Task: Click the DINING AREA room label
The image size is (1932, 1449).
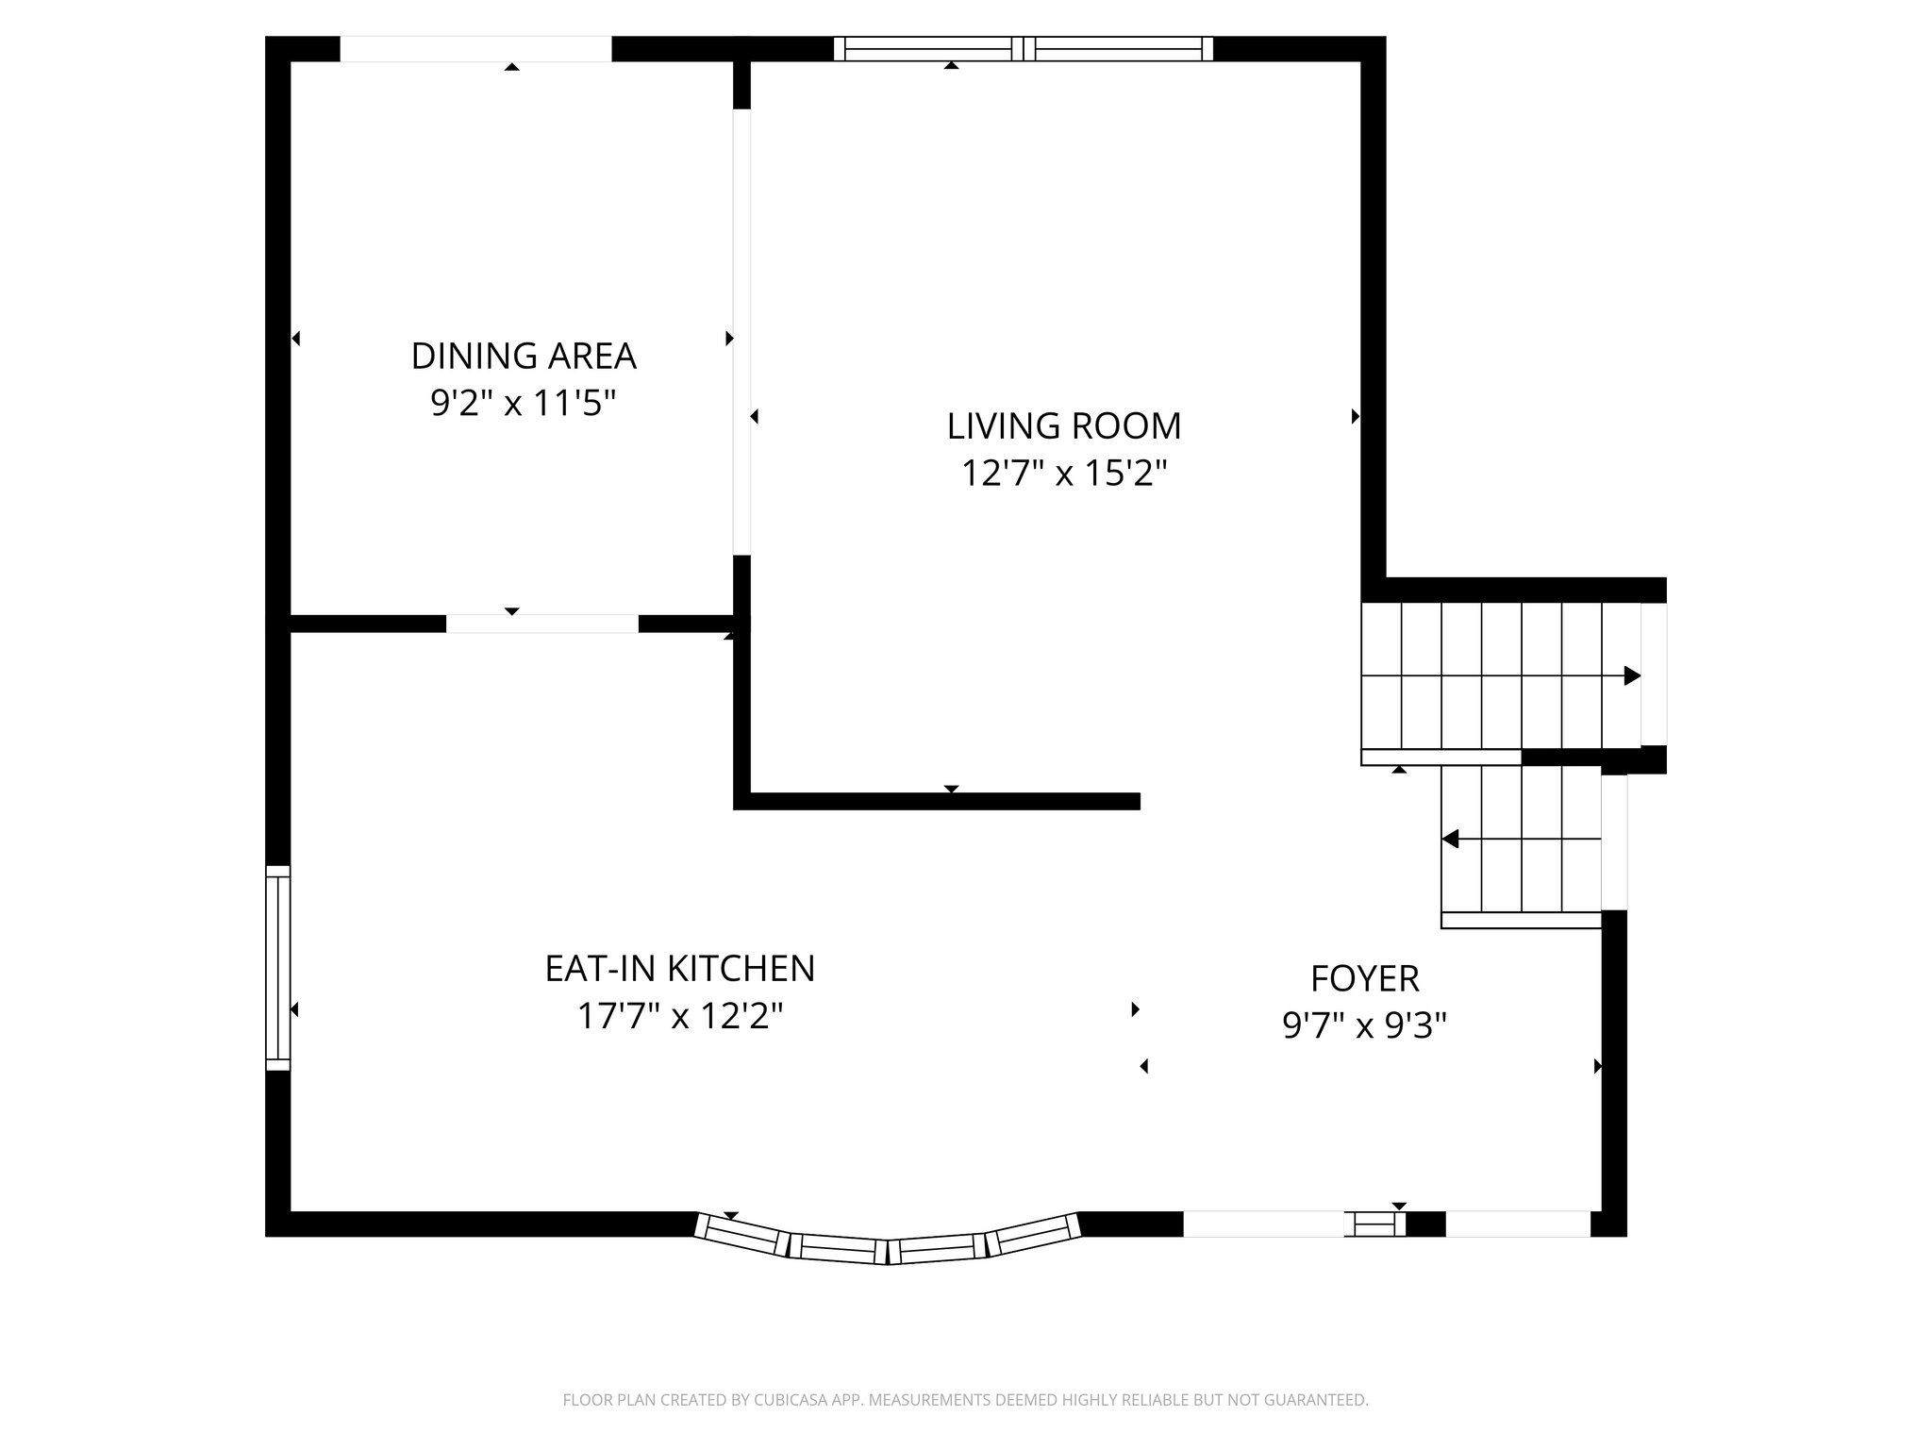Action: click(524, 357)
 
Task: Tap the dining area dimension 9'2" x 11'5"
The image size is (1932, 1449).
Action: click(524, 404)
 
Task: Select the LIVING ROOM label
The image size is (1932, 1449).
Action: click(1064, 426)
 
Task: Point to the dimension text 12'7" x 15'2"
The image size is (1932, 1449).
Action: click(1064, 474)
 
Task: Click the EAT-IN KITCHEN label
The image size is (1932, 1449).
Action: click(679, 969)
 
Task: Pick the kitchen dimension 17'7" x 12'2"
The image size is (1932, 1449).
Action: click(679, 1017)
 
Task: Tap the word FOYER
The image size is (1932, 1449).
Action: click(1364, 979)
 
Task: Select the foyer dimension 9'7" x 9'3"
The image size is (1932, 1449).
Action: click(1364, 1025)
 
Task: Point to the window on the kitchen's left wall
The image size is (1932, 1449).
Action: click(277, 968)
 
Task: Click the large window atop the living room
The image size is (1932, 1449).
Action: click(1024, 49)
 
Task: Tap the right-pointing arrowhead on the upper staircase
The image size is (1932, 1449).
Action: click(1632, 676)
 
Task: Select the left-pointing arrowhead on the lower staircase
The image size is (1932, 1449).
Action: click(1451, 839)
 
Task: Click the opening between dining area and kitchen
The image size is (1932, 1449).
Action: click(541, 624)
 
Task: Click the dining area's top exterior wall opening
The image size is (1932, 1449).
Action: click(475, 49)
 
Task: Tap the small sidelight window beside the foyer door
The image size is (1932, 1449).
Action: click(1374, 1224)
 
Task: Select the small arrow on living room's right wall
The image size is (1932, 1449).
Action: click(1356, 416)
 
